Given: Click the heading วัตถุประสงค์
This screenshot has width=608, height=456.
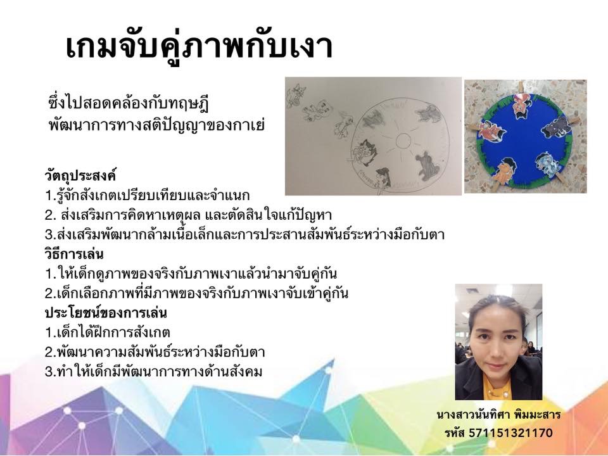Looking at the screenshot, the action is [x=80, y=175].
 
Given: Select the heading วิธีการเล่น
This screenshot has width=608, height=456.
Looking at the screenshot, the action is [x=74, y=255].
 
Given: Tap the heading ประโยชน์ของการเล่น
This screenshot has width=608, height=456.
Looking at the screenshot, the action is [x=106, y=312].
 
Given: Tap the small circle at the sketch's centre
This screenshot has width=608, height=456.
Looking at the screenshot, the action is [x=403, y=141].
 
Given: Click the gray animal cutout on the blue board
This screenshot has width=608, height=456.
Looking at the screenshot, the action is [x=555, y=127].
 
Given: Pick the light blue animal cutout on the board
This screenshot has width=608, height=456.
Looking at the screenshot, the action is [x=548, y=163].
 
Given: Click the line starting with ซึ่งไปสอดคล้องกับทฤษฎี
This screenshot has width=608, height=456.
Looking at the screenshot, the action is [x=129, y=104].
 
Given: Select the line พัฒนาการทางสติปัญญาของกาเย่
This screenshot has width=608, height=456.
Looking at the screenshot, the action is [x=156, y=125].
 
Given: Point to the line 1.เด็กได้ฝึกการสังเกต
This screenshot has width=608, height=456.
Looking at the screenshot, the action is [x=108, y=332].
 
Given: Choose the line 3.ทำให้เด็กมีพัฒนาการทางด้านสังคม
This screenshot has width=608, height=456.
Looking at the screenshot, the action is [x=153, y=372].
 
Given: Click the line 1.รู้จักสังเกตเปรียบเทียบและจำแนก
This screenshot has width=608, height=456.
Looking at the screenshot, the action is [x=148, y=196].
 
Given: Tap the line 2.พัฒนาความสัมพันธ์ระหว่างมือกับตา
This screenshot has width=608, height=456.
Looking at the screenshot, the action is [x=155, y=351].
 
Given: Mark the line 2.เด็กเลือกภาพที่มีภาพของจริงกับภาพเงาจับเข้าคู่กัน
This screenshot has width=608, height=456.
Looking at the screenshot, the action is [x=196, y=293].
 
